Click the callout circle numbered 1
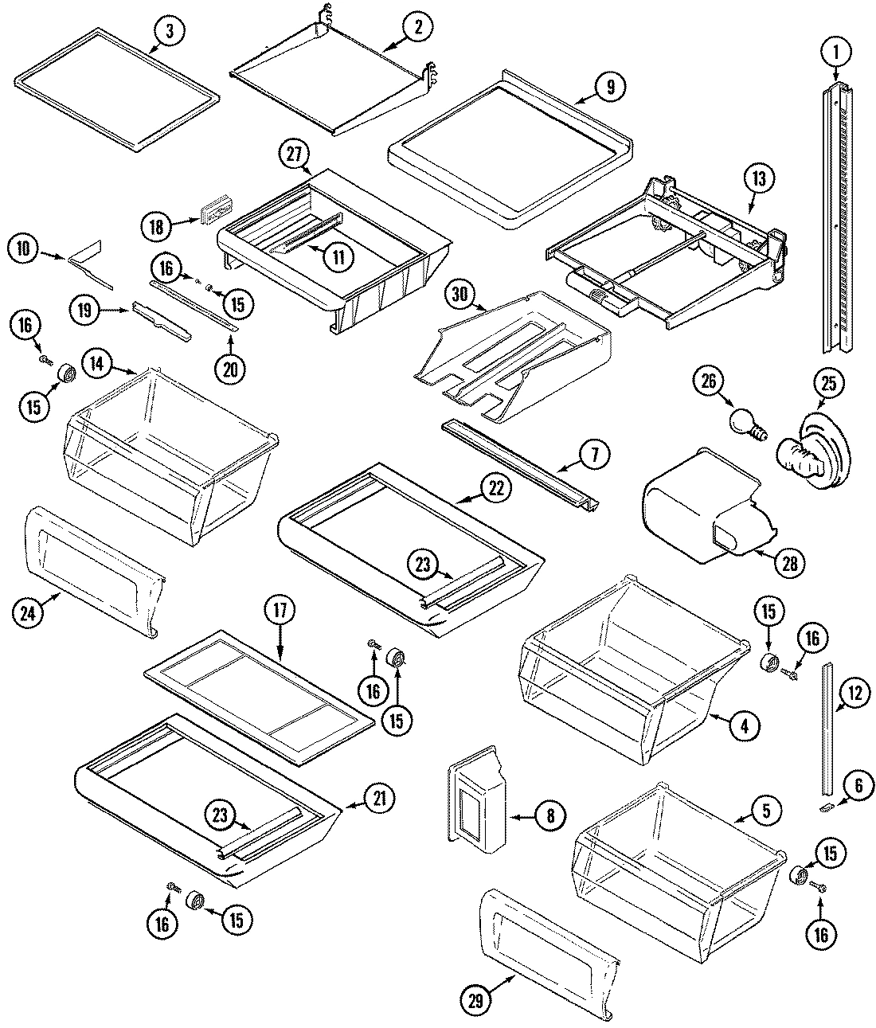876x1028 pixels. point(835,53)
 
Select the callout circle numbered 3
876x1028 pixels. point(169,31)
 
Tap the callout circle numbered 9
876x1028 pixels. point(609,88)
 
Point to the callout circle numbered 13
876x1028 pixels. point(757,179)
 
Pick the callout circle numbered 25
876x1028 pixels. point(828,383)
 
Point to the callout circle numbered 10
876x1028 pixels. point(25,249)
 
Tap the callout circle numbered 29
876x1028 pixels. point(475,998)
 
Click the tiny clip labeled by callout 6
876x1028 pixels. point(826,808)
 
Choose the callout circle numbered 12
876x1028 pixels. point(854,694)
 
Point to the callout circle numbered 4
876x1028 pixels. point(744,725)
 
